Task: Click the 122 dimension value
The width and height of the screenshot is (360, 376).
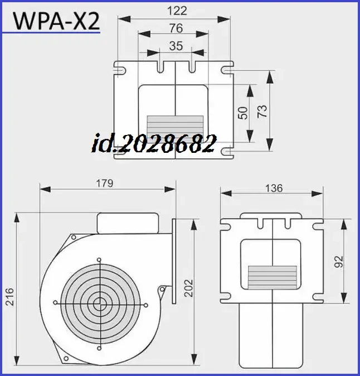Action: (176, 11)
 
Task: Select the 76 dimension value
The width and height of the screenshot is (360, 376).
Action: (176, 28)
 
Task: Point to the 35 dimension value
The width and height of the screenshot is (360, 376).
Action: (176, 46)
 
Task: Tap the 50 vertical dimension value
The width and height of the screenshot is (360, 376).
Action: (242, 113)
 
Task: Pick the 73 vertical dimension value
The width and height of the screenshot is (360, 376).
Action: (262, 110)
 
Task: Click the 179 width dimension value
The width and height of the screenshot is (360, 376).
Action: (104, 182)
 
